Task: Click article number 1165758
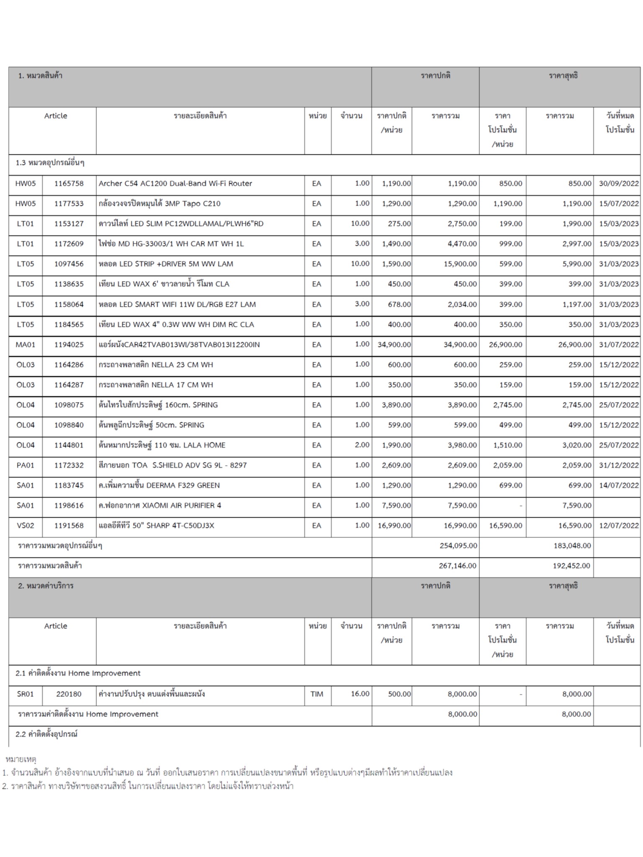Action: click(69, 184)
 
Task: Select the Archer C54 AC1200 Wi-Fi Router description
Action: click(175, 184)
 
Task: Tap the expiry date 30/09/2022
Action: click(618, 184)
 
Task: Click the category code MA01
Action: click(26, 345)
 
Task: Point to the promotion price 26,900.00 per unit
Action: click(505, 345)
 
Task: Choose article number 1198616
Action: click(69, 505)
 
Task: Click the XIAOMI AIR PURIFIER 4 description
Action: click(160, 505)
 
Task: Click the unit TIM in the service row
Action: click(317, 694)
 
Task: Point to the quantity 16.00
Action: click(360, 694)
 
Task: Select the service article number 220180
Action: click(69, 694)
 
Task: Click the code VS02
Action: click(26, 526)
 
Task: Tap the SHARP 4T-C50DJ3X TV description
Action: click(157, 526)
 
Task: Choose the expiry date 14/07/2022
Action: click(618, 485)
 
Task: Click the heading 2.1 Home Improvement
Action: click(78, 673)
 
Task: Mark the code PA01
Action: click(26, 465)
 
